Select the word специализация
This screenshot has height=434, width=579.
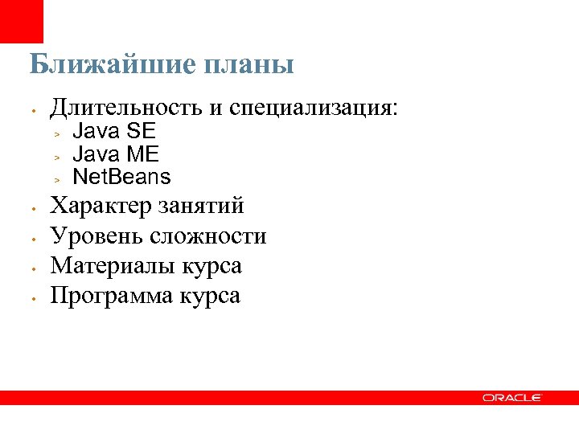click(313, 108)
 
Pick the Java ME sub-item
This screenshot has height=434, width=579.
click(115, 154)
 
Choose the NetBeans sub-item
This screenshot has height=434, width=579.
click(121, 176)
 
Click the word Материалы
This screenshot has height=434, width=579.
click(110, 266)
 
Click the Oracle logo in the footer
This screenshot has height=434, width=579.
click(512, 398)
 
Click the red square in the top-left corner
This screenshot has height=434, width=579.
click(22, 22)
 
